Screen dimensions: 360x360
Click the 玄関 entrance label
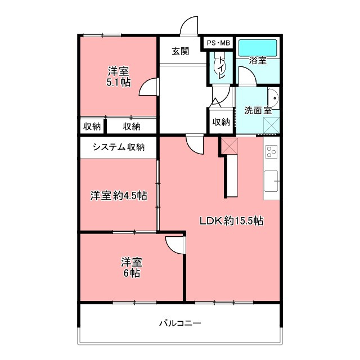pyautogui.click(x=181, y=51)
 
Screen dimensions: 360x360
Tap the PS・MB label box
pyautogui.click(x=218, y=43)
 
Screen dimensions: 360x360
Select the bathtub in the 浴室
pyautogui.click(x=258, y=48)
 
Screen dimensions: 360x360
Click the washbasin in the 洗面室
pyautogui.click(x=273, y=98)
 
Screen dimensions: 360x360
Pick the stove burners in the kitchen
pyautogui.click(x=271, y=151)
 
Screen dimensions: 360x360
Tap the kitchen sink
pyautogui.click(x=271, y=181)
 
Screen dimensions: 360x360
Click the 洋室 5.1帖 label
pyautogui.click(x=119, y=76)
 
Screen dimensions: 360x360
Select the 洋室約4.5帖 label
pyautogui.click(x=119, y=196)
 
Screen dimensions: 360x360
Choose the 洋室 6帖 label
pyautogui.click(x=132, y=268)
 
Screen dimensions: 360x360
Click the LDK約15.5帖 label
pyautogui.click(x=231, y=221)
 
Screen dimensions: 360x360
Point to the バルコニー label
pyautogui.click(x=180, y=323)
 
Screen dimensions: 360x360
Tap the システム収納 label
pyautogui.click(x=119, y=147)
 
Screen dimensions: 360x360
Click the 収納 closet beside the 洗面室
pyautogui.click(x=221, y=122)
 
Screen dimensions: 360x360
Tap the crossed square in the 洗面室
pyautogui.click(x=271, y=125)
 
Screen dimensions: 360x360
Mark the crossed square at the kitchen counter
pyautogui.click(x=229, y=146)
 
